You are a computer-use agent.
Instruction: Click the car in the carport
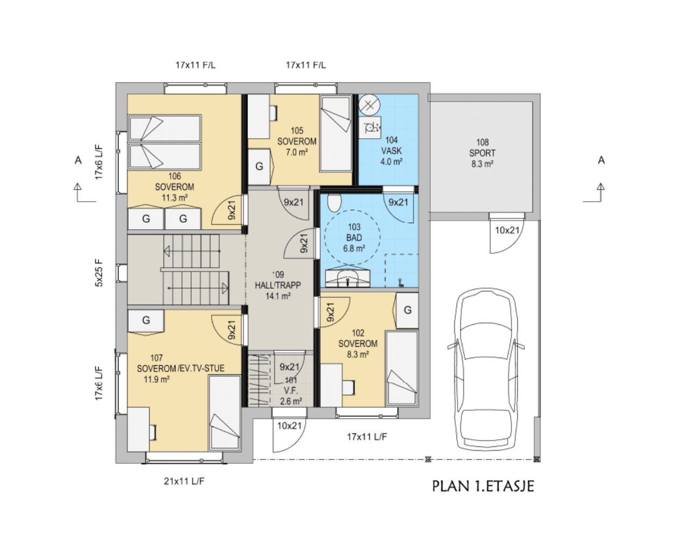[486, 369]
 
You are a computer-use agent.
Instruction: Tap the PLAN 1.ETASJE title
[483, 486]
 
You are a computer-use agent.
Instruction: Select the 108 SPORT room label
[482, 153]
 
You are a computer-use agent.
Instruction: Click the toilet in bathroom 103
[334, 203]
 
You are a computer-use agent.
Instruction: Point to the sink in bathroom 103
[348, 278]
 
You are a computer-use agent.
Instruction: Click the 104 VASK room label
[391, 151]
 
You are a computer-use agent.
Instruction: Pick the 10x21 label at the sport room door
[507, 230]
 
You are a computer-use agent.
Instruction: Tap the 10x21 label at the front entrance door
[289, 426]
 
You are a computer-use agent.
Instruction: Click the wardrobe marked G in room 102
[407, 310]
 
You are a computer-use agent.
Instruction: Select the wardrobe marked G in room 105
[259, 167]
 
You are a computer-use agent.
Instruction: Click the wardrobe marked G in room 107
[146, 321]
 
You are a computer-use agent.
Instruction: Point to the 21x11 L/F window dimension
[184, 481]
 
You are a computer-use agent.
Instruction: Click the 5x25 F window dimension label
[99, 273]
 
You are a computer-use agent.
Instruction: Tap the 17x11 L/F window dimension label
[367, 437]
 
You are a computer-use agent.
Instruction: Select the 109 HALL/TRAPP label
[278, 285]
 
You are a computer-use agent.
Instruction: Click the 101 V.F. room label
[291, 391]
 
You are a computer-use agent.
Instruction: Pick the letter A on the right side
[601, 160]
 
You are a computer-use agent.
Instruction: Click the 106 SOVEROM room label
[174, 187]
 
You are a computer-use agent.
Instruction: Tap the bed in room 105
[336, 134]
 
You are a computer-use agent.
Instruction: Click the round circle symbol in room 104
[369, 105]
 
